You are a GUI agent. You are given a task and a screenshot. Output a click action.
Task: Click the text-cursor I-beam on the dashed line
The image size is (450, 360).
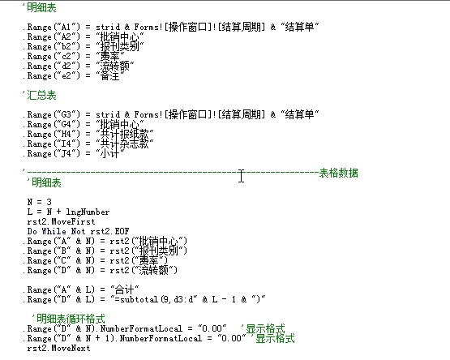point(241,176)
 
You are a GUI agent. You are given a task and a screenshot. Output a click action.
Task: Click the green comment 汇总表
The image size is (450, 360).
point(41,95)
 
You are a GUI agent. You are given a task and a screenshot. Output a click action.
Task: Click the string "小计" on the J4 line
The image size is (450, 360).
point(110,153)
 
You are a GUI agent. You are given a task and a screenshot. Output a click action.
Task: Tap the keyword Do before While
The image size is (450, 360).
point(32,231)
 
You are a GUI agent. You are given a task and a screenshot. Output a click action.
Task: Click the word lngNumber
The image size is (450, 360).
point(88,212)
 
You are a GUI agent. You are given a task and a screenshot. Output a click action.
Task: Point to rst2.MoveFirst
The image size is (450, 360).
point(61,221)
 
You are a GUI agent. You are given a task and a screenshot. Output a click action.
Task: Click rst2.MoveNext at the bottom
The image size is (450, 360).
point(59,348)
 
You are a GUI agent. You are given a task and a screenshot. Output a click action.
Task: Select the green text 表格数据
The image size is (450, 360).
point(339,174)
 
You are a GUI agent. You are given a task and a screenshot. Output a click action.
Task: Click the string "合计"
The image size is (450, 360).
point(125,289)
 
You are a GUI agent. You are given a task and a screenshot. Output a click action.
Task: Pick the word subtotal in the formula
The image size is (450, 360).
point(139,299)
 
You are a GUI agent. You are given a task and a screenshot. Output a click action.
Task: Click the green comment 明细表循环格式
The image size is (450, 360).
point(68,319)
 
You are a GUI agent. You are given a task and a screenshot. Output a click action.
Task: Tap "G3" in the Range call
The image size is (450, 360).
point(66,114)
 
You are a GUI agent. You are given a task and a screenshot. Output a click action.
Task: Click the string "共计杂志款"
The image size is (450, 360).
point(125,144)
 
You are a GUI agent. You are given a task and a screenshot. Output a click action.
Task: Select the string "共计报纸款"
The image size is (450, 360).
point(125,134)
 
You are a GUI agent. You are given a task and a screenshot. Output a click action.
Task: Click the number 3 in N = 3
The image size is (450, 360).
point(49,202)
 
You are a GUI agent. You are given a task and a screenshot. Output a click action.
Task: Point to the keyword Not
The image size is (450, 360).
point(78,231)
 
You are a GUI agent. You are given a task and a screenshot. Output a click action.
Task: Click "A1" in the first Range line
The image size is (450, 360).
point(66,27)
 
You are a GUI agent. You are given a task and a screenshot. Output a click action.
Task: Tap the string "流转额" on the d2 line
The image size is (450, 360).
point(115,66)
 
